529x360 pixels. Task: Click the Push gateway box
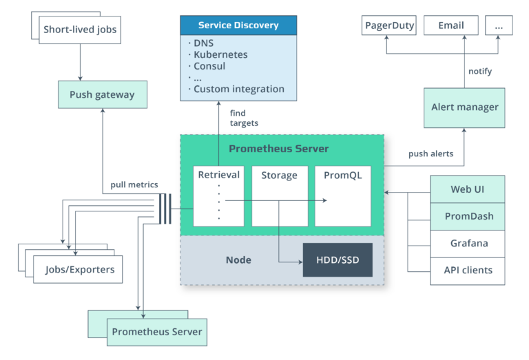click(x=102, y=94)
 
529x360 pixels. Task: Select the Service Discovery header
click(x=238, y=25)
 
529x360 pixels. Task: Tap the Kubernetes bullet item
click(x=220, y=54)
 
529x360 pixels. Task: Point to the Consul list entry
click(x=211, y=65)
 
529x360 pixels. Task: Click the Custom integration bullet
click(x=238, y=89)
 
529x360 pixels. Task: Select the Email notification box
click(x=450, y=25)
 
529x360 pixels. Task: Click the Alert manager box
click(x=464, y=107)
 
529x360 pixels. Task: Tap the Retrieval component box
click(x=218, y=195)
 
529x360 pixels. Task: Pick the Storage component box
click(x=279, y=195)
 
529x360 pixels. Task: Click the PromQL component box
click(x=342, y=195)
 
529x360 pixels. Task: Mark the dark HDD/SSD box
click(x=337, y=260)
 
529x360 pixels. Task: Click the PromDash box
click(x=467, y=216)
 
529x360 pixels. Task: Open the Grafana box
click(x=467, y=243)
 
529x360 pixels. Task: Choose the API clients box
click(x=467, y=270)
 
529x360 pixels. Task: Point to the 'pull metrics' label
click(x=134, y=184)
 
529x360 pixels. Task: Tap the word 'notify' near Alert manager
click(x=480, y=71)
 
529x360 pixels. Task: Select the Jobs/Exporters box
click(x=79, y=269)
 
